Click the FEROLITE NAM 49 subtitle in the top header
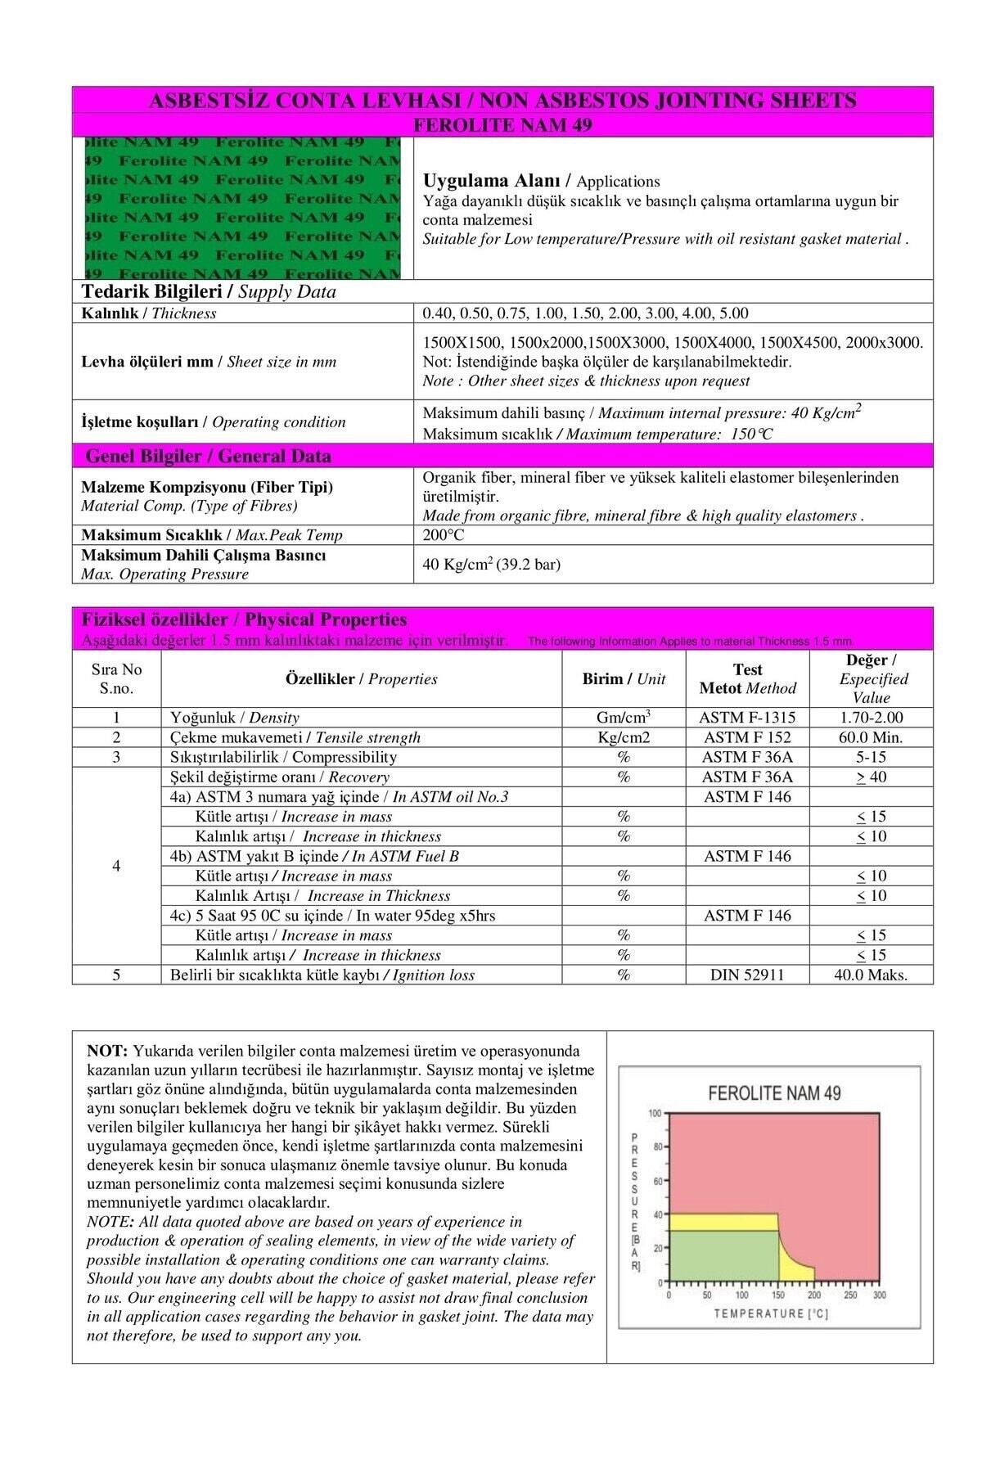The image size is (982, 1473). point(502,125)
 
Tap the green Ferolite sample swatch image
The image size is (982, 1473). point(243,208)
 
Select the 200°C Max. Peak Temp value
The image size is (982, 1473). point(444,535)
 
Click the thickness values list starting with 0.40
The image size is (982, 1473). point(585,313)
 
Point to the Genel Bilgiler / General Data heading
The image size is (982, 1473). point(208,456)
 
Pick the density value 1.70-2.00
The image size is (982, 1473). point(871,718)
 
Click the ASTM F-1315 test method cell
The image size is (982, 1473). point(747,718)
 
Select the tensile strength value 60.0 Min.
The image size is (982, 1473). point(871,737)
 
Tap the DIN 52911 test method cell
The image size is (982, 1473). point(747,975)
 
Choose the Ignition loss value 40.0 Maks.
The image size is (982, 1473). point(871,975)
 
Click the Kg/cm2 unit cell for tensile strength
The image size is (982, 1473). point(624,737)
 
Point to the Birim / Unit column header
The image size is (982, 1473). point(624,679)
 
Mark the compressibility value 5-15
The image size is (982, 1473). point(871,757)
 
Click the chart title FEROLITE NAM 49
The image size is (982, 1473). point(773,1093)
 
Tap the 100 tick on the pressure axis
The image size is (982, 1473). point(655,1114)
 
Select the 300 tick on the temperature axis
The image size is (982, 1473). point(880,1295)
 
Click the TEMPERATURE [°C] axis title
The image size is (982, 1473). point(771,1313)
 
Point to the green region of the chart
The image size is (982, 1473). point(720,1256)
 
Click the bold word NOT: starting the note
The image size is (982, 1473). point(107,1051)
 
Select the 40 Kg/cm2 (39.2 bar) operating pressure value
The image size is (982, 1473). point(491,565)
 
